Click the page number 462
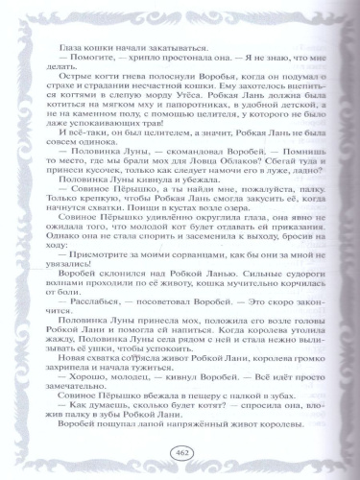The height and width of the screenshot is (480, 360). click(x=180, y=453)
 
